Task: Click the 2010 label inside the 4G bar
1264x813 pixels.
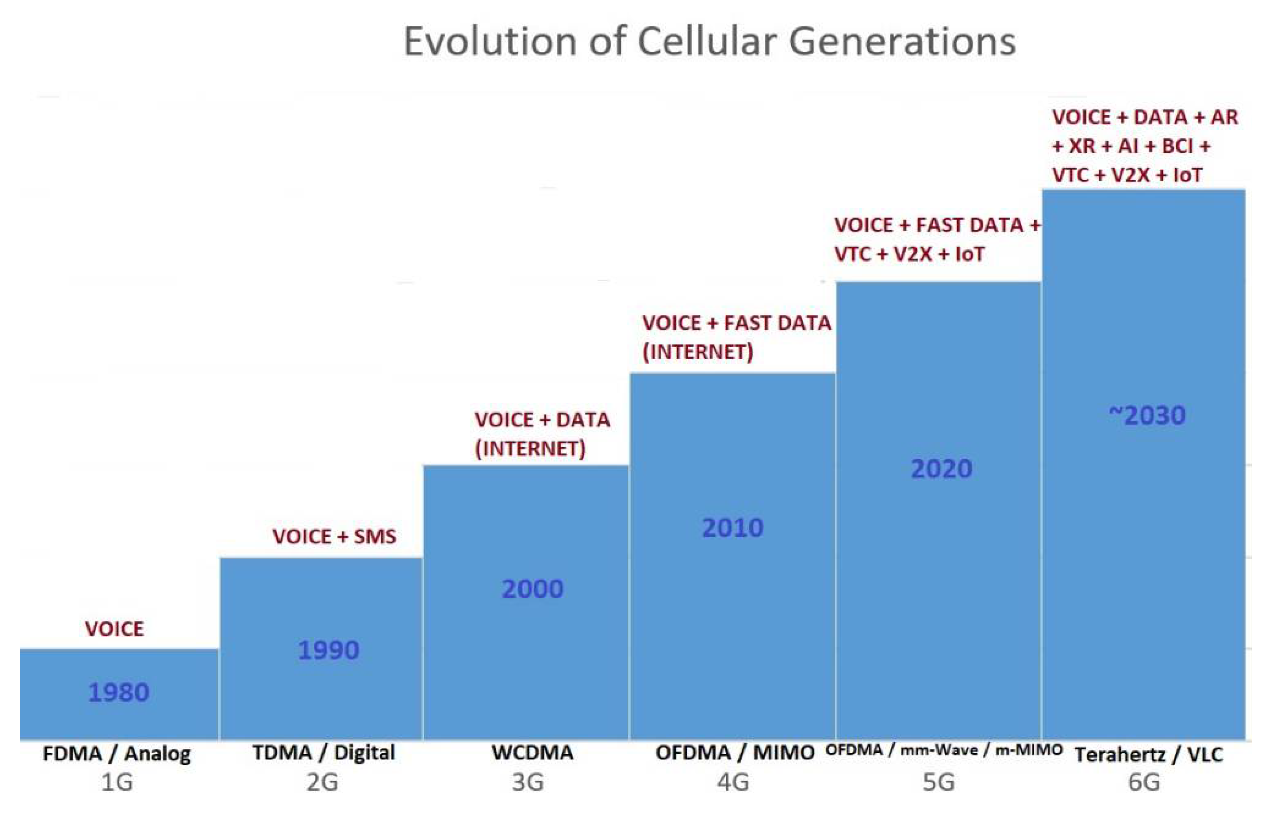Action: pyautogui.click(x=732, y=528)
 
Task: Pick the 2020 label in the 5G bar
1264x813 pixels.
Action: pyautogui.click(x=941, y=469)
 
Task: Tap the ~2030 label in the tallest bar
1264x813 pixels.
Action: pyautogui.click(x=1147, y=415)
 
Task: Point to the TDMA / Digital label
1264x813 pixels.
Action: pyautogui.click(x=324, y=753)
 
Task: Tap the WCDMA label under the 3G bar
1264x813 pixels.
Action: pyautogui.click(x=532, y=753)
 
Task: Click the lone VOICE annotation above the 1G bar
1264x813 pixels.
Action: pyautogui.click(x=114, y=629)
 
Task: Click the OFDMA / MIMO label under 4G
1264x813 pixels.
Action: pyautogui.click(x=735, y=753)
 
